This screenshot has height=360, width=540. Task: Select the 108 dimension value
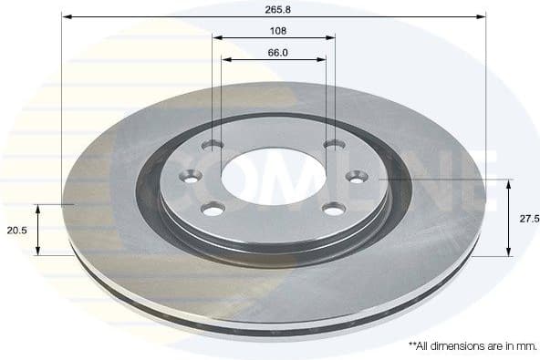[278, 31]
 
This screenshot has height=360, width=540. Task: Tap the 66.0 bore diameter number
[278, 53]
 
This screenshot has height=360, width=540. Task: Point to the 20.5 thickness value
[16, 231]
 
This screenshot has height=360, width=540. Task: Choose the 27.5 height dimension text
[529, 219]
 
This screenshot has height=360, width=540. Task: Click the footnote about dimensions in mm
[472, 346]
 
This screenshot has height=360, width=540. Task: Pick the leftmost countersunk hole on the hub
[192, 177]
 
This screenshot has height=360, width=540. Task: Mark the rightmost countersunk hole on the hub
[355, 177]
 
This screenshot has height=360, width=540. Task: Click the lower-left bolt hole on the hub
[213, 211]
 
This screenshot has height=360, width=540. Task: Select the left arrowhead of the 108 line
[217, 38]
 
